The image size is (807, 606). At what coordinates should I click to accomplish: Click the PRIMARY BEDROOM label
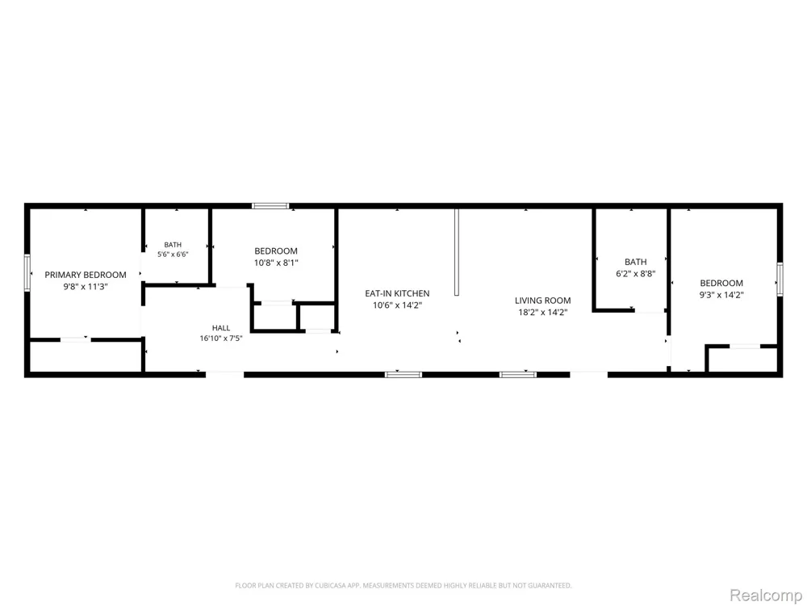click(x=86, y=275)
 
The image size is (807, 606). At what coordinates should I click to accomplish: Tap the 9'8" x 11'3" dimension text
click(x=86, y=287)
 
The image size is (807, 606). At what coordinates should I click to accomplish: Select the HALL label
click(x=221, y=328)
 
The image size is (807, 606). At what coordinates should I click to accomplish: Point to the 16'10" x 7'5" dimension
click(x=221, y=339)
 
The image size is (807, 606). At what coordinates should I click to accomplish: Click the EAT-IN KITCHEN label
click(x=397, y=293)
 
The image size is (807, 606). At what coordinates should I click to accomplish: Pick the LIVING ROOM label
click(x=543, y=301)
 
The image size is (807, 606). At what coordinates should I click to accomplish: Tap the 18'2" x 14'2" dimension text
click(x=543, y=312)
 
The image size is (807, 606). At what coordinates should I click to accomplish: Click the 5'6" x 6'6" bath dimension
click(x=173, y=254)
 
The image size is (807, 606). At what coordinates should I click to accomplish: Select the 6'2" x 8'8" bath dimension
click(x=636, y=274)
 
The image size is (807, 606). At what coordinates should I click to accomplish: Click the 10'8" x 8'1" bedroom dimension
click(x=276, y=263)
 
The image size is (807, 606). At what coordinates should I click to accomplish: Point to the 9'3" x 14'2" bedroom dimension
click(x=721, y=295)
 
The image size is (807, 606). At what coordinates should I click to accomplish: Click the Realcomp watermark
click(x=765, y=595)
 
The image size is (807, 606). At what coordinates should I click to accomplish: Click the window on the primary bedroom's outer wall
click(x=27, y=273)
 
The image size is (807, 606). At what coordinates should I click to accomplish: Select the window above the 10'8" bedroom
click(x=270, y=205)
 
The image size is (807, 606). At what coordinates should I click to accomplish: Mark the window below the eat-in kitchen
click(x=403, y=375)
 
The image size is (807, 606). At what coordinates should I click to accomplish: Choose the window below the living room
click(x=518, y=375)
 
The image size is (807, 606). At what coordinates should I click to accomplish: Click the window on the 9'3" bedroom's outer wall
click(x=780, y=279)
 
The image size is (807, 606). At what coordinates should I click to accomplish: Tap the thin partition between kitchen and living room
click(x=457, y=251)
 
